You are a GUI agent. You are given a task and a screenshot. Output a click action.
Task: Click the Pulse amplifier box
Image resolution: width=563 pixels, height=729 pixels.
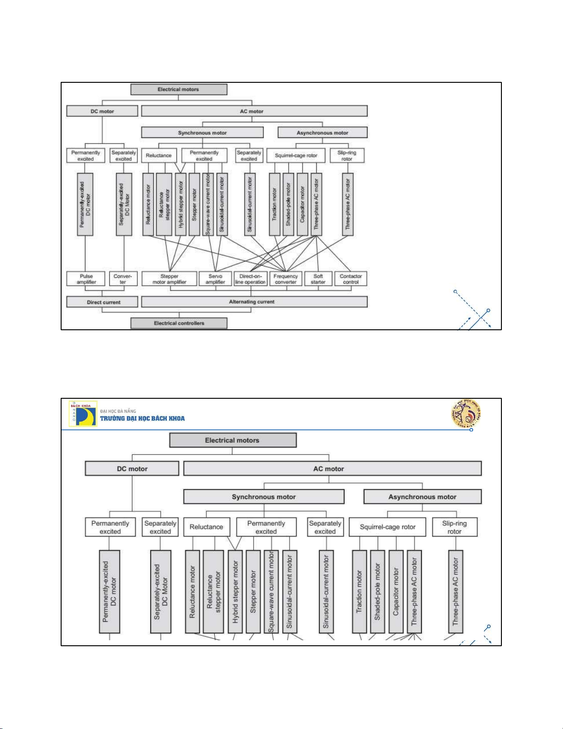pos(86,279)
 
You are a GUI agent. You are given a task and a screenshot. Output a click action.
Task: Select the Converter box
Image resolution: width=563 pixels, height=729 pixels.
pos(123,279)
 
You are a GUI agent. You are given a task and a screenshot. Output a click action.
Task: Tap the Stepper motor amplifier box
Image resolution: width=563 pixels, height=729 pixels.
pos(169,279)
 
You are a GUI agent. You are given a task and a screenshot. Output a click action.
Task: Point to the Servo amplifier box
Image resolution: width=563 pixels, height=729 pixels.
pos(215,279)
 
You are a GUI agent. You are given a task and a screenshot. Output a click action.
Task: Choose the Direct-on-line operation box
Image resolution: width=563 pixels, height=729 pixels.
pos(250,279)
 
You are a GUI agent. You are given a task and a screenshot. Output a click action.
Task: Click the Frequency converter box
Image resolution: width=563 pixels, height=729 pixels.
pos(285,279)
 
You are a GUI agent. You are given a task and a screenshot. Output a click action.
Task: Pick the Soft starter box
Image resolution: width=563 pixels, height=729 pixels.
pos(318,279)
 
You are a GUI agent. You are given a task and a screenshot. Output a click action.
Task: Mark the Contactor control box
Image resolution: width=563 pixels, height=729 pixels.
pos(351,279)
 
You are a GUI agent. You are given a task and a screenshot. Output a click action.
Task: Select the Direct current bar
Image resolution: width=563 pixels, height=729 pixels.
pos(102,302)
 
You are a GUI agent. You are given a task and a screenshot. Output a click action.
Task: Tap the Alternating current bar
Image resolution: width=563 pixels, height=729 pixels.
pos(254,302)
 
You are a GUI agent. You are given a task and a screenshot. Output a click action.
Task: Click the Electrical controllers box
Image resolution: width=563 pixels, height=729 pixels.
pos(179,323)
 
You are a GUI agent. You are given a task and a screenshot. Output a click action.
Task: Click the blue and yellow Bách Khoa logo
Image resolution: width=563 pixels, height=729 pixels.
pos(83,414)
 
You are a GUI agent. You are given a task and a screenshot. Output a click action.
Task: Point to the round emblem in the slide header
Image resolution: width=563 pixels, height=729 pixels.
pos(466,413)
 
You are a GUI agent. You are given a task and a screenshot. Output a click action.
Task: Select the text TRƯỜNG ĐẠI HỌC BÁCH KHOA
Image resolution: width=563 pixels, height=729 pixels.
pos(142,419)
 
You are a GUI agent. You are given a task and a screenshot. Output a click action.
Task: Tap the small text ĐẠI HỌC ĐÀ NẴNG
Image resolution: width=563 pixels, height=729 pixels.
pos(118,411)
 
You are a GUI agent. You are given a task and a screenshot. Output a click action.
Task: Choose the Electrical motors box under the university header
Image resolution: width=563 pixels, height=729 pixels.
pos(233,440)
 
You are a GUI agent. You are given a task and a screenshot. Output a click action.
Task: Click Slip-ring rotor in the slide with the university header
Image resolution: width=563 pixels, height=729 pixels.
pos(455,527)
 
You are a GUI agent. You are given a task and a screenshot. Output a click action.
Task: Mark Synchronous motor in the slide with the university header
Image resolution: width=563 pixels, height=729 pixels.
pos(264,497)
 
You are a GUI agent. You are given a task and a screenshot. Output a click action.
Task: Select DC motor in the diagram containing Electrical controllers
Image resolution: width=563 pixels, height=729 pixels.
pos(102,111)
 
